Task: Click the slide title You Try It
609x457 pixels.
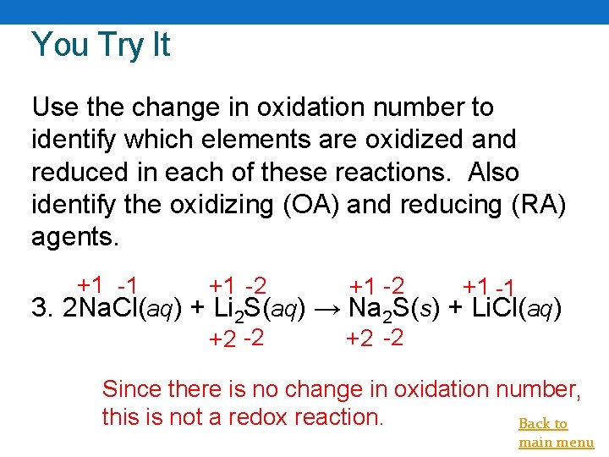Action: pyautogui.click(x=101, y=45)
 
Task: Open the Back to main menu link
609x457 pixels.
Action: pyautogui.click(x=556, y=432)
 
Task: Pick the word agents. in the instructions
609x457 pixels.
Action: pyautogui.click(x=75, y=236)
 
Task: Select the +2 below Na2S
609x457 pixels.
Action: pyautogui.click(x=359, y=340)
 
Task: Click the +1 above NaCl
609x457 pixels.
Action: pyautogui.click(x=90, y=285)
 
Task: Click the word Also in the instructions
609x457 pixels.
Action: pyautogui.click(x=494, y=172)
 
